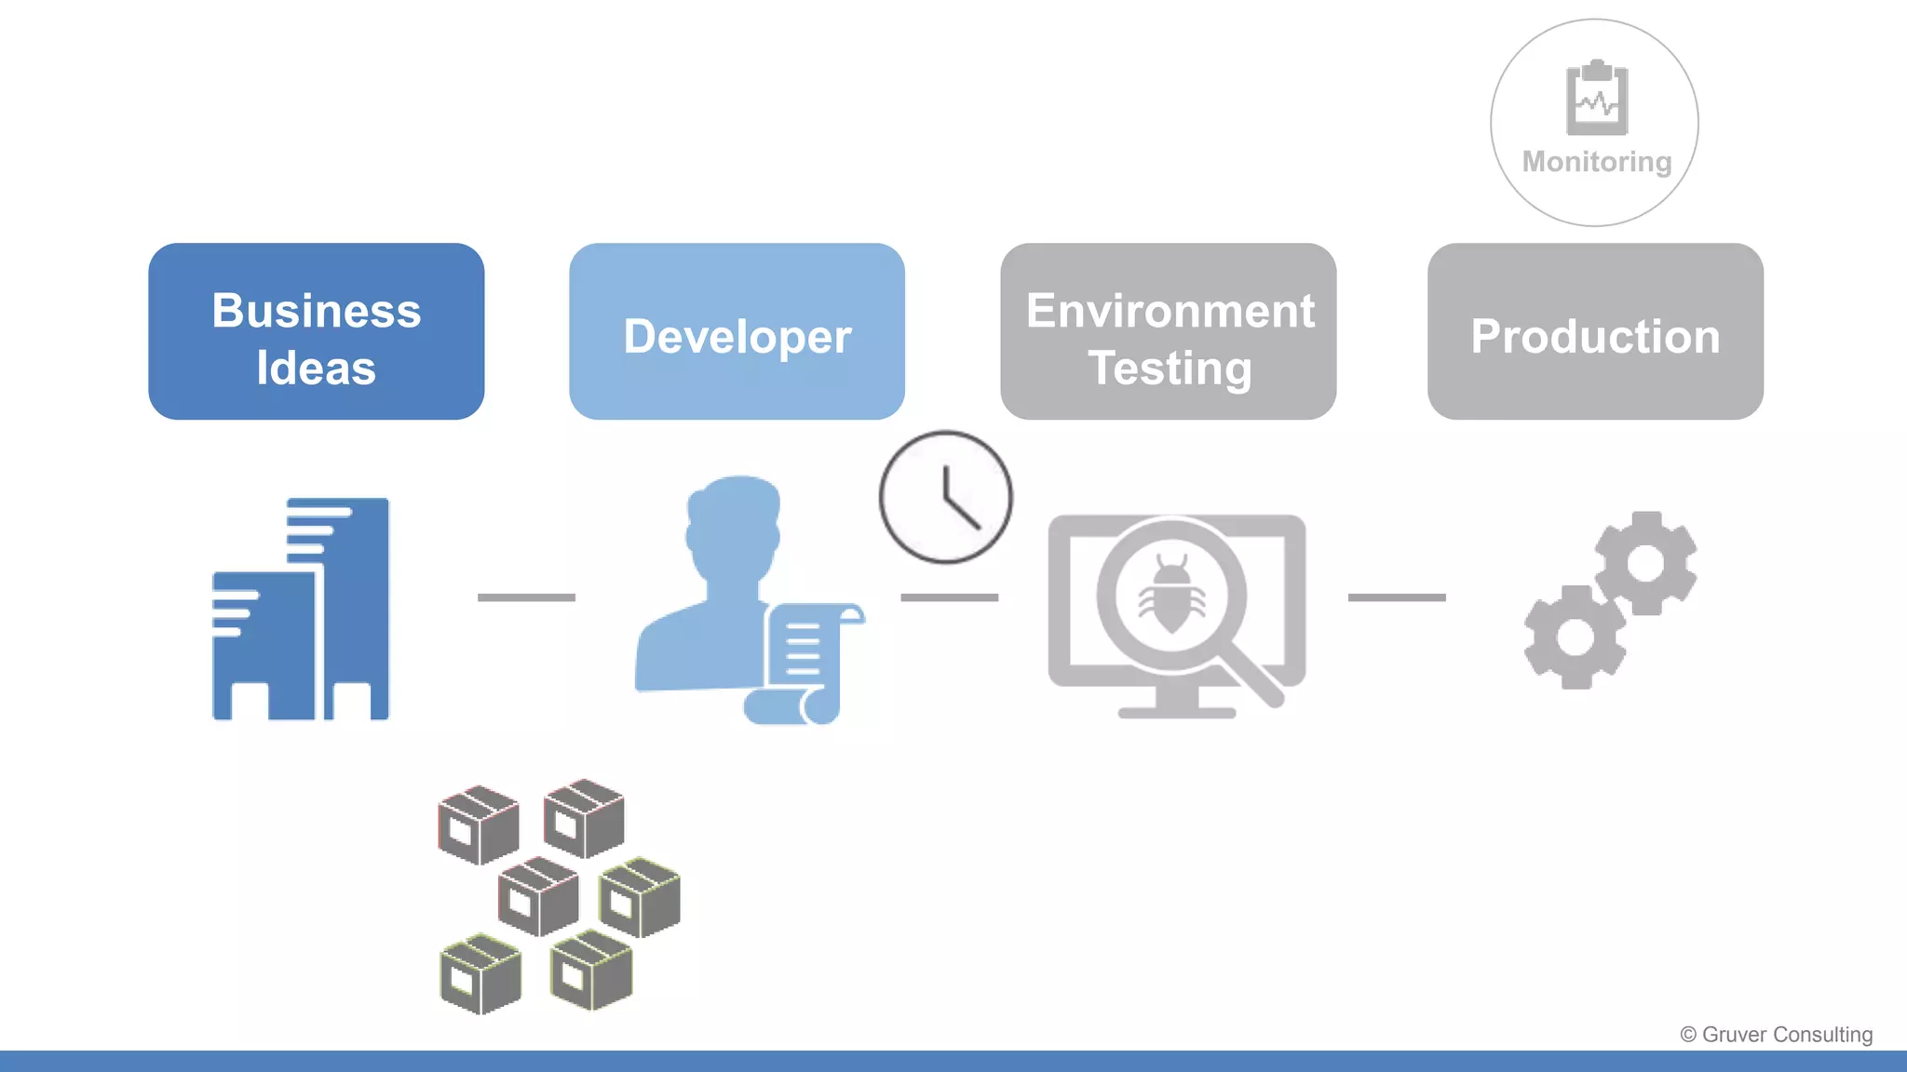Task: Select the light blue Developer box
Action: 737,332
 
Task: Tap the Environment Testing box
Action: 1168,332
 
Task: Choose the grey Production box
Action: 1595,332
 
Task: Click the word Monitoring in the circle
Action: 1596,162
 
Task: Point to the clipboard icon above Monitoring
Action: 1597,98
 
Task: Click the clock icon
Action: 945,497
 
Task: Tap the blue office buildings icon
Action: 301,610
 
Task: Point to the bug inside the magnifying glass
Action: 1171,595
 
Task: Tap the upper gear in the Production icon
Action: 1645,562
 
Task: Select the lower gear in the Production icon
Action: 1575,637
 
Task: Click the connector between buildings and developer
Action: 526,597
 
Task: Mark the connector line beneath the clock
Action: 949,597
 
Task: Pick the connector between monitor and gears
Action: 1397,597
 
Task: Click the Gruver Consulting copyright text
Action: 1776,1035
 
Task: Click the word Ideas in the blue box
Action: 316,368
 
